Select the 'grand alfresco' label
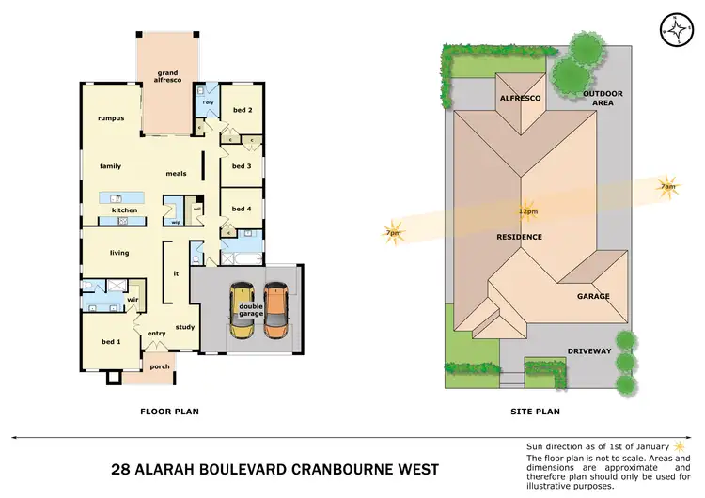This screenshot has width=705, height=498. pos(167,76)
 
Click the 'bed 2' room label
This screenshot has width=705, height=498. pos(242,110)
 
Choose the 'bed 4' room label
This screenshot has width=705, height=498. pos(242,209)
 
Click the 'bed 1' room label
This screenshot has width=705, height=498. pos(110,341)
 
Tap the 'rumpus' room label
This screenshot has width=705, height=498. pos(110,118)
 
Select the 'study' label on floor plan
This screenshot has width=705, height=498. pos(184,327)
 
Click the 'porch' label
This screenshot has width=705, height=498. pos(160,366)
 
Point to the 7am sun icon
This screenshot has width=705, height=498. pos(667,186)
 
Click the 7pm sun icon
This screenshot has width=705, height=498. pos(392,233)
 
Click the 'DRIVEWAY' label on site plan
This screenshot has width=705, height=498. pos(588,351)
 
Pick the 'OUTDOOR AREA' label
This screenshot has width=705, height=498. pos(603,99)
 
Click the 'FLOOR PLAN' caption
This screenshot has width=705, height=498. pos(169,411)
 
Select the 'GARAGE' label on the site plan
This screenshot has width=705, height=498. pos(593,296)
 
